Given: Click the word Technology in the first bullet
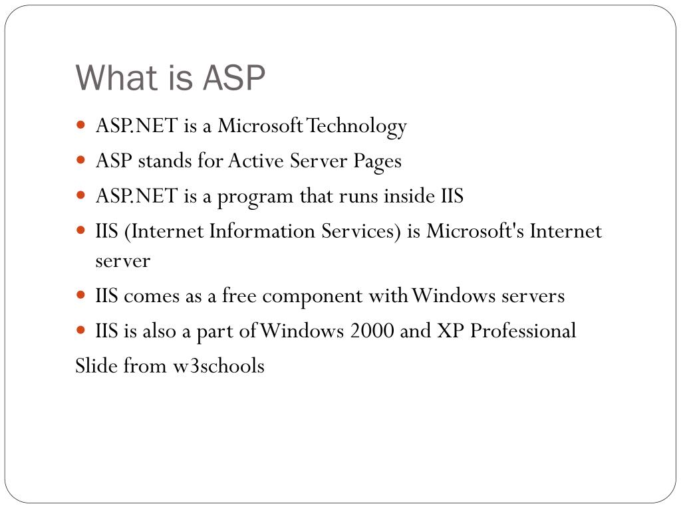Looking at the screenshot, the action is pyautogui.click(x=356, y=127).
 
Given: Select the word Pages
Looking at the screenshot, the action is pyautogui.click(x=378, y=162).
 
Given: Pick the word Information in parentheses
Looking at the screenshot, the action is pyautogui.click(x=262, y=230).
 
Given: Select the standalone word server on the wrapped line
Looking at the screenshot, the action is pyautogui.click(x=123, y=261).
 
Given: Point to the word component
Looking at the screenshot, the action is pyautogui.click(x=313, y=297).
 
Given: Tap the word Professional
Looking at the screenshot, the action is pyautogui.click(x=523, y=331).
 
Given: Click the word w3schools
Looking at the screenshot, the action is pyautogui.click(x=219, y=366).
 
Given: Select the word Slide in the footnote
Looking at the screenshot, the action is pyautogui.click(x=96, y=366).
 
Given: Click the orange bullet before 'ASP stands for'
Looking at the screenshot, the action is pyautogui.click(x=80, y=160).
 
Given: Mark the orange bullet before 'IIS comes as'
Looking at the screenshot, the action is pyautogui.click(x=80, y=295).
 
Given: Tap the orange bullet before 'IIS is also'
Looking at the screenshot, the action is pyautogui.click(x=80, y=330).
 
